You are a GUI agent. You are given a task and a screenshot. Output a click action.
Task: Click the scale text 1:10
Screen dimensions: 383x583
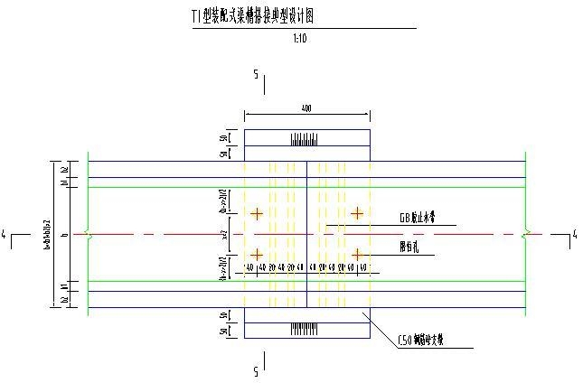302,39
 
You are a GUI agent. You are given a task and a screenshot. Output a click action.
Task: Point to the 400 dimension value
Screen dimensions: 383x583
306,108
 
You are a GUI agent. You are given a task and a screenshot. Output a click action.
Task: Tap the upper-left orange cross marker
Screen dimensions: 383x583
258,214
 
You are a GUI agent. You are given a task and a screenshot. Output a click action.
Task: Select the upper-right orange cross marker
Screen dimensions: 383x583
358,213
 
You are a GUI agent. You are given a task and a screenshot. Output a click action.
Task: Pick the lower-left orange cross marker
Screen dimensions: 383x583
258,254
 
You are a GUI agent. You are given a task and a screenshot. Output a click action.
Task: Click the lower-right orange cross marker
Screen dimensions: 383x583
358,254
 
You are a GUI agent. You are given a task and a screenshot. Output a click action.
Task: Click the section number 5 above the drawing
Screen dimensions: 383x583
256,73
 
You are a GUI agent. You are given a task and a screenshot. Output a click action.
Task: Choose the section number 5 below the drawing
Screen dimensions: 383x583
256,370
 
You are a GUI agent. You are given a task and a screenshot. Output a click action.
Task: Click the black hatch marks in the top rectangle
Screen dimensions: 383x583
303,139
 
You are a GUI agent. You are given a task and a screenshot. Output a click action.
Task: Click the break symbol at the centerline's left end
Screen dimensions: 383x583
88,234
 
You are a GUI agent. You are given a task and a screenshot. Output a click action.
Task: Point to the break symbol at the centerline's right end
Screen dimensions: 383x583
526,234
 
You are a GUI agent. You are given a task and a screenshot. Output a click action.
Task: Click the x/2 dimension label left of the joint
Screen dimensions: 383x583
224,234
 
